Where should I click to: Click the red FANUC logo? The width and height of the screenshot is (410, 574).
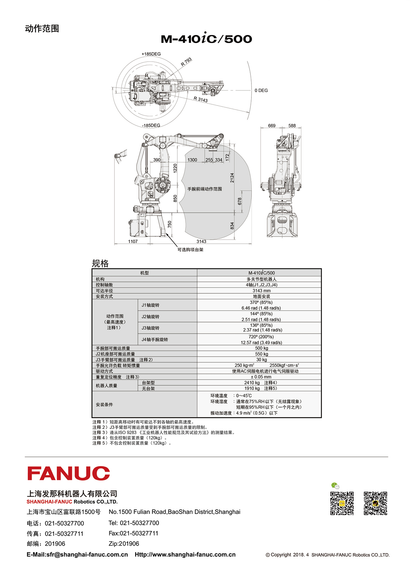(69, 473)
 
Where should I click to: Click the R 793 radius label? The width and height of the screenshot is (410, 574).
(186, 62)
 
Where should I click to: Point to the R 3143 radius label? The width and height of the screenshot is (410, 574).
(201, 99)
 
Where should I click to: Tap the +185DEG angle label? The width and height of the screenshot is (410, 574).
(151, 54)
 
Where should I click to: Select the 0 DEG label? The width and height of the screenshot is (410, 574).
(261, 90)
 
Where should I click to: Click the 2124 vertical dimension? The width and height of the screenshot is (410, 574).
(232, 178)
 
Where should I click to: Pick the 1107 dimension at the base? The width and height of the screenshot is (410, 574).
(133, 241)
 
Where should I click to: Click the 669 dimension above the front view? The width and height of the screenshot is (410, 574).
(272, 126)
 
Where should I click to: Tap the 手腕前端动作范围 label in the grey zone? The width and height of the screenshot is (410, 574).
(205, 189)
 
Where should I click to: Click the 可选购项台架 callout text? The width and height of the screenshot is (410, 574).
(190, 250)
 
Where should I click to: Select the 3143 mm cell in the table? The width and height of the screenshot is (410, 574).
(261, 291)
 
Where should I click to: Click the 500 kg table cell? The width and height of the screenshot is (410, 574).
(261, 348)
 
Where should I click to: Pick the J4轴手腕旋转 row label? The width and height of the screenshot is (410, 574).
(155, 340)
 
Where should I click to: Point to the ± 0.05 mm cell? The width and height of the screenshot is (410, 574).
(261, 377)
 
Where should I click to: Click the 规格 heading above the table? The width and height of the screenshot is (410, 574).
(100, 263)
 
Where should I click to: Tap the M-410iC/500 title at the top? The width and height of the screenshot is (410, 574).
(206, 38)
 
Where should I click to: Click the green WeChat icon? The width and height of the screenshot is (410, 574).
(335, 486)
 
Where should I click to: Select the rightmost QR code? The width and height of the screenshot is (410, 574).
(375, 503)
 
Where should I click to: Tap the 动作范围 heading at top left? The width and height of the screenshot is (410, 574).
(42, 28)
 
